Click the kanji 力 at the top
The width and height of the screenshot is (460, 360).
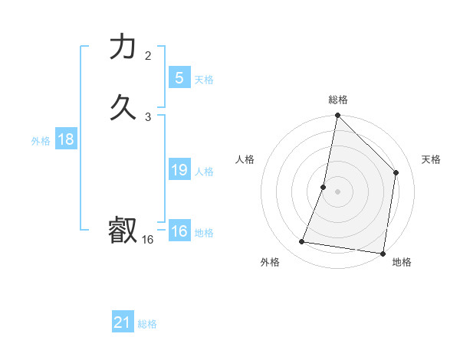coord(123,47)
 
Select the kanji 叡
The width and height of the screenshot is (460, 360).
coord(123,231)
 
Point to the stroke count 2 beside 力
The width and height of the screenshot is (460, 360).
coord(148,55)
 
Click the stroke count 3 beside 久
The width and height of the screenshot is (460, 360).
coord(148,116)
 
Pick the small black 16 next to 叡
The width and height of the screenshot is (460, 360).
coord(147,240)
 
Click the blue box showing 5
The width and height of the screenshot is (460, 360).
coord(179,77)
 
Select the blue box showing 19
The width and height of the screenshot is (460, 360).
coord(179,170)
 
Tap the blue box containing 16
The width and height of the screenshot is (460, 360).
coord(179,231)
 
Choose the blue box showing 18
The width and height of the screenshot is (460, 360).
coord(65,139)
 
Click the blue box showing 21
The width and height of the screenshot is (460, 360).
coord(123,322)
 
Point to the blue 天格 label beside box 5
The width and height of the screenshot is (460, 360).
coord(204,80)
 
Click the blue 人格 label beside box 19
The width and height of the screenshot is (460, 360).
coord(204,172)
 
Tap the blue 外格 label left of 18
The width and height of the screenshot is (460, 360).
coord(41,141)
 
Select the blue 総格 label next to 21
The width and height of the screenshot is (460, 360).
coord(147,324)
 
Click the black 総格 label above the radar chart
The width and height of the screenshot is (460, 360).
coord(338,100)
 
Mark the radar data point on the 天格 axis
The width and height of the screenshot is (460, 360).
coord(396,172)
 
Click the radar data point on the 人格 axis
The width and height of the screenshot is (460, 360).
coord(324,187)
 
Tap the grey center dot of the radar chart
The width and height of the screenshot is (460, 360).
coord(338,191)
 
